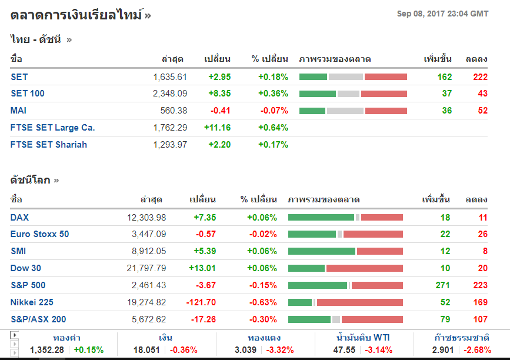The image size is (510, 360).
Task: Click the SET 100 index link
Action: pos(27,94)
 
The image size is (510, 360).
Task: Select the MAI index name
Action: pos(18,111)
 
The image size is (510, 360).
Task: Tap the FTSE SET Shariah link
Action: pos(48,145)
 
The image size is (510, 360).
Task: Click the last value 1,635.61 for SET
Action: pos(169,77)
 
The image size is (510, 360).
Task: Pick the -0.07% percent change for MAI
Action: pos(273,111)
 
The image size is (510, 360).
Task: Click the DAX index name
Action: pos(19,218)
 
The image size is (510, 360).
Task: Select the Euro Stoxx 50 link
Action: pos(39,234)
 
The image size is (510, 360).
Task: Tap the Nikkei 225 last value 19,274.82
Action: pos(146,302)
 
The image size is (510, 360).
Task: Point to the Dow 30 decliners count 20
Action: pos(482,268)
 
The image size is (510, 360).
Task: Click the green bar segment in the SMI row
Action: pos(321,251)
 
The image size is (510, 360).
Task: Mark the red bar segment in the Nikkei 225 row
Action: pos(359,302)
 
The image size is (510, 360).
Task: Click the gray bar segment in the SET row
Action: pos(345,77)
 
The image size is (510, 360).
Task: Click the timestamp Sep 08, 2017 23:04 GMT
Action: pos(442,14)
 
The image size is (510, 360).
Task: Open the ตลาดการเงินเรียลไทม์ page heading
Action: pos(76,15)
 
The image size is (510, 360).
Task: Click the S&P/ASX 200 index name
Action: pos(38,319)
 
